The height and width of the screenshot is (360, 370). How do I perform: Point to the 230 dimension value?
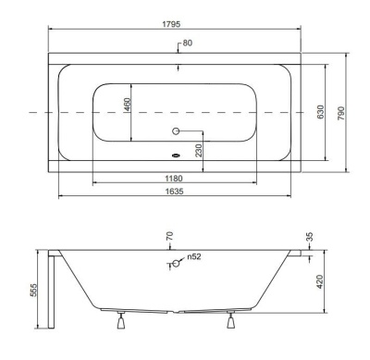pos(198,150)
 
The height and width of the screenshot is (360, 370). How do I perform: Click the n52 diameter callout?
pos(195,256)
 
